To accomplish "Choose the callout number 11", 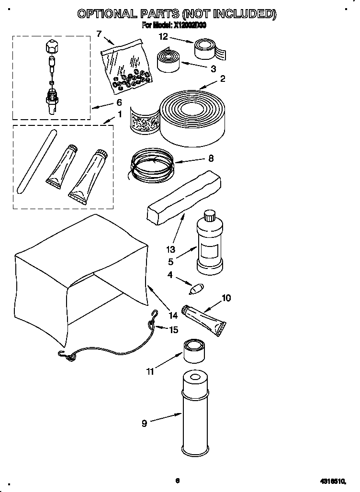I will tap(150, 371).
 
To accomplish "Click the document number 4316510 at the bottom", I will tap(330, 481).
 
